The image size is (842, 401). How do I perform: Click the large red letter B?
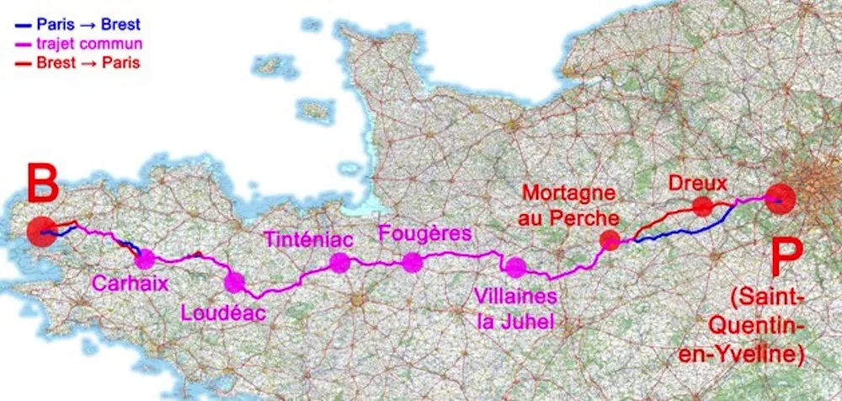[41, 184]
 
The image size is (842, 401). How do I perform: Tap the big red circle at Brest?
[40, 232]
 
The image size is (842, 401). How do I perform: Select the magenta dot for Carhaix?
[145, 259]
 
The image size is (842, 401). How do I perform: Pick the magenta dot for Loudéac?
[234, 282]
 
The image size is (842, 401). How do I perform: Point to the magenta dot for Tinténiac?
[339, 263]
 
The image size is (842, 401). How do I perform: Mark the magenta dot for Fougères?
[412, 263]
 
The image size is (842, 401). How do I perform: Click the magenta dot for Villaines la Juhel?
[515, 268]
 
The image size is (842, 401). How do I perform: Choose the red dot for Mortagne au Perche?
[610, 241]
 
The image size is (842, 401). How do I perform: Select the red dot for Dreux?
[702, 206]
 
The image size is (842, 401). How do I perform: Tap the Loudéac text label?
[223, 313]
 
